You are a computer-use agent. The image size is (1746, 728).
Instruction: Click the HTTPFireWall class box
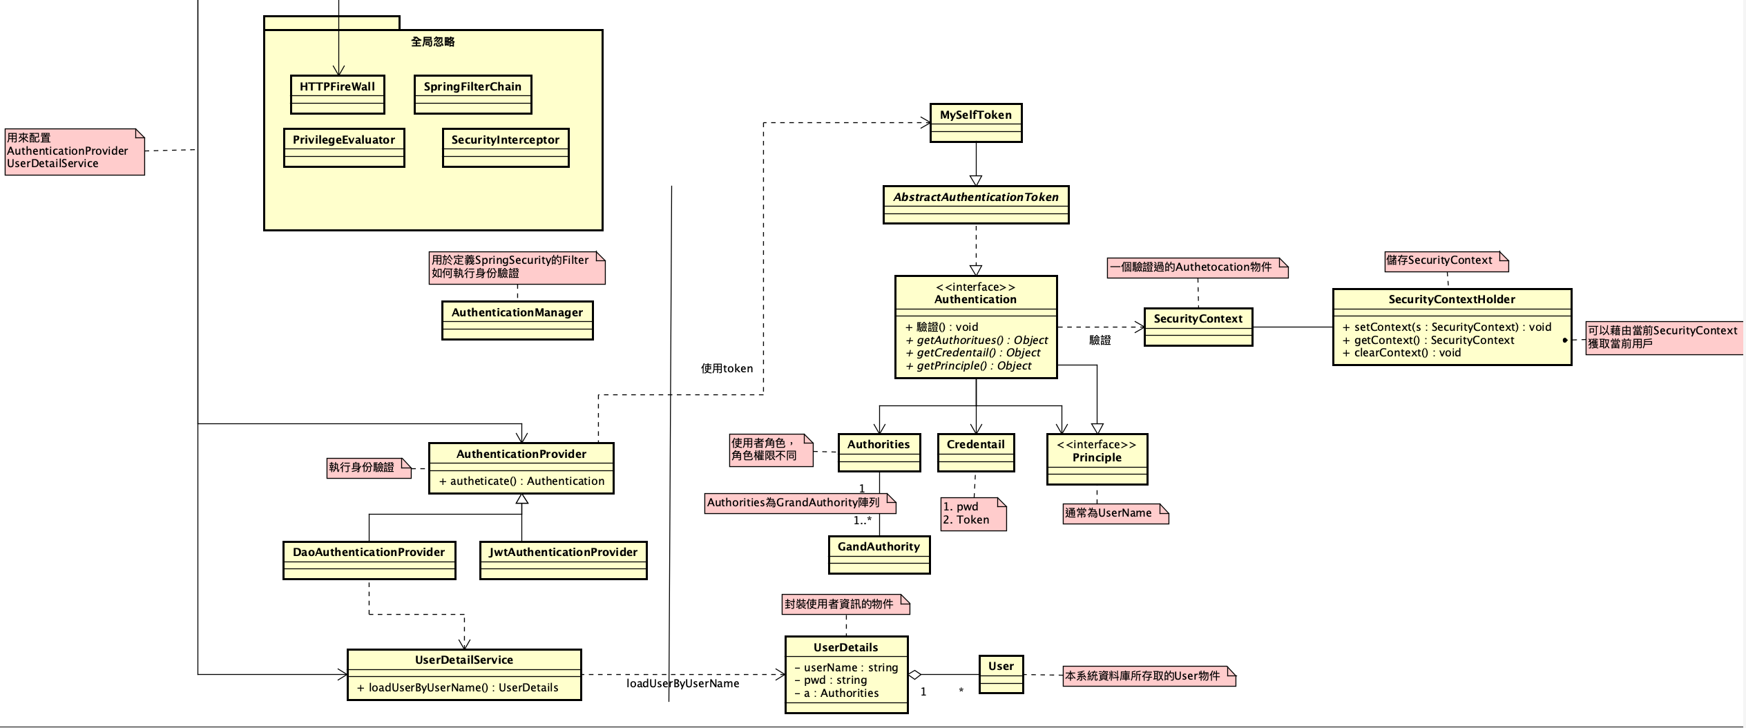[x=338, y=95]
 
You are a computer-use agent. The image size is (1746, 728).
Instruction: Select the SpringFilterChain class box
[x=472, y=95]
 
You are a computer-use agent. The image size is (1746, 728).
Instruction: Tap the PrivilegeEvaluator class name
[x=344, y=140]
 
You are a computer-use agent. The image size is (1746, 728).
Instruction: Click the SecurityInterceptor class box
[x=506, y=148]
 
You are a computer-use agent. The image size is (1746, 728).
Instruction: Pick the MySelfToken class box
[x=976, y=123]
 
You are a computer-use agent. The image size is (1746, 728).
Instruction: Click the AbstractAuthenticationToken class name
[x=976, y=197]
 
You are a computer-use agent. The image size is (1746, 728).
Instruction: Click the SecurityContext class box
[x=1198, y=327]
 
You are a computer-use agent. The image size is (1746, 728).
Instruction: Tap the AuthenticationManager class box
[x=517, y=320]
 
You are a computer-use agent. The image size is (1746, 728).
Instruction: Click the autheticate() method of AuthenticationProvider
[x=521, y=481]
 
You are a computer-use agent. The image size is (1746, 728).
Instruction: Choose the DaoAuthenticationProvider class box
[x=369, y=560]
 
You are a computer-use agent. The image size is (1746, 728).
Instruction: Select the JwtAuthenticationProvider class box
[x=563, y=560]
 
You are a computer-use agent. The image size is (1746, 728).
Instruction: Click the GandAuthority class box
[x=879, y=555]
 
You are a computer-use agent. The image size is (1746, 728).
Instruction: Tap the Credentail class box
[x=976, y=452]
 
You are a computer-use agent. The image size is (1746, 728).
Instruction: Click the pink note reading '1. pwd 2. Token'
[x=972, y=514]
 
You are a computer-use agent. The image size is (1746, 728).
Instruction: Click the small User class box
[x=1001, y=674]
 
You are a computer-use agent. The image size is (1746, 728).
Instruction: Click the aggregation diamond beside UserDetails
[x=915, y=675]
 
